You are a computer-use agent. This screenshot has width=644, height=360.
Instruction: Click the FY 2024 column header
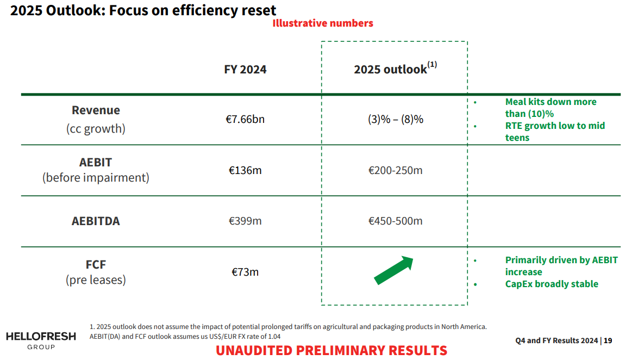click(245, 70)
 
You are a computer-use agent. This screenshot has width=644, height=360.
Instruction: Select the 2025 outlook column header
click(395, 69)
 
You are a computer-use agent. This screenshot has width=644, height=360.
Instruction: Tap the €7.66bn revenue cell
click(245, 119)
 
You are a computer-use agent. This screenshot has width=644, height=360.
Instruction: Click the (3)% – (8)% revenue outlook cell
click(395, 119)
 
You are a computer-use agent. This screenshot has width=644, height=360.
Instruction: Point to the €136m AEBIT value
click(245, 170)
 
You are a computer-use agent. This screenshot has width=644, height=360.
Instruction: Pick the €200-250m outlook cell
click(395, 170)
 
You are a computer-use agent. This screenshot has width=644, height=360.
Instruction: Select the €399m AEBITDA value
click(245, 221)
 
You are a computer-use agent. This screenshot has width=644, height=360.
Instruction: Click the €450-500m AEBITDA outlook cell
click(395, 221)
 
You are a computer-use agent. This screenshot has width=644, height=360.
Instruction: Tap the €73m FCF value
click(245, 271)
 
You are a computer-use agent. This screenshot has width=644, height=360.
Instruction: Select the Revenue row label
click(96, 110)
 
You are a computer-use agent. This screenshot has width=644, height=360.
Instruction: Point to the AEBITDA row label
click(96, 221)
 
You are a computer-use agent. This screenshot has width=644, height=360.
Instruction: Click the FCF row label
click(96, 265)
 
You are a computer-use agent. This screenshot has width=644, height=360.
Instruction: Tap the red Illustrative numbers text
click(323, 23)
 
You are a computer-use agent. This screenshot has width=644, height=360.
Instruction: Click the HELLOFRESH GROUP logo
click(41, 340)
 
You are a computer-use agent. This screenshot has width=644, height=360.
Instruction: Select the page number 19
click(608, 340)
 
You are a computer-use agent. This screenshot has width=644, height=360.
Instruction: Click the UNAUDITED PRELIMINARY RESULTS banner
click(332, 350)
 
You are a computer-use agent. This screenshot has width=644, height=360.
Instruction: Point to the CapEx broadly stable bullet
click(552, 284)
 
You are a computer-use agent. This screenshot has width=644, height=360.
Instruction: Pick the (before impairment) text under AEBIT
click(96, 177)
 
